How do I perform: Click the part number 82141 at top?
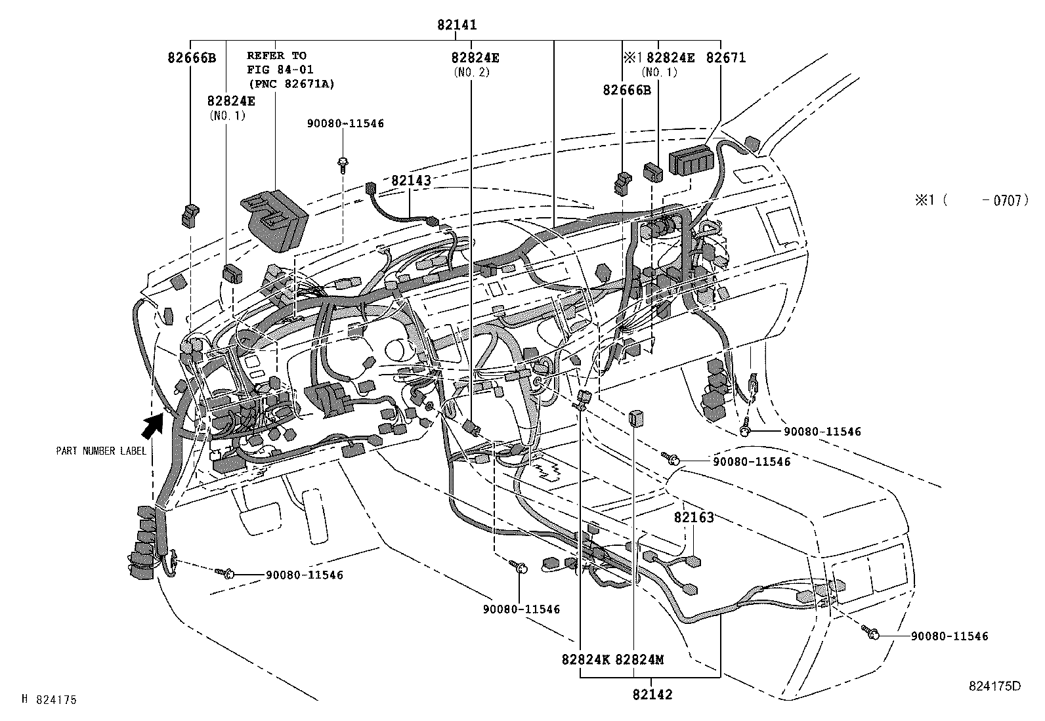pos(457,25)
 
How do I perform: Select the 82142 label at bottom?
pos(652,694)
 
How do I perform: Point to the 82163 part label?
pos(693,518)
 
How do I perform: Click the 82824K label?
pos(586,659)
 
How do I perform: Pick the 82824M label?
pos(639,659)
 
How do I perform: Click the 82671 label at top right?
pos(725,58)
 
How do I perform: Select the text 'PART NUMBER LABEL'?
pos(101,451)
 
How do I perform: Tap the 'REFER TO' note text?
pos(276,56)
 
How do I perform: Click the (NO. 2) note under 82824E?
pos(471,72)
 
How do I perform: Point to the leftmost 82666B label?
pos(191,58)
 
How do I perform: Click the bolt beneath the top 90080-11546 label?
pos(343,164)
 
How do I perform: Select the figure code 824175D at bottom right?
pos(994,686)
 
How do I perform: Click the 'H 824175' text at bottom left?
pos(49,700)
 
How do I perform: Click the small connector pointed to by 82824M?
pos(634,418)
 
